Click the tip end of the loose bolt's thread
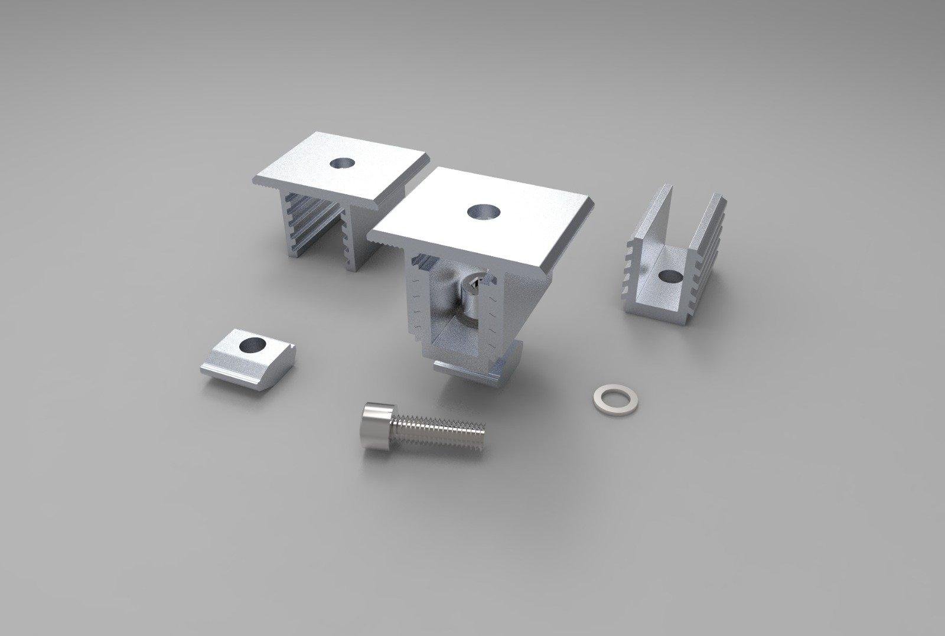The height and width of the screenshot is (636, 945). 483,438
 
